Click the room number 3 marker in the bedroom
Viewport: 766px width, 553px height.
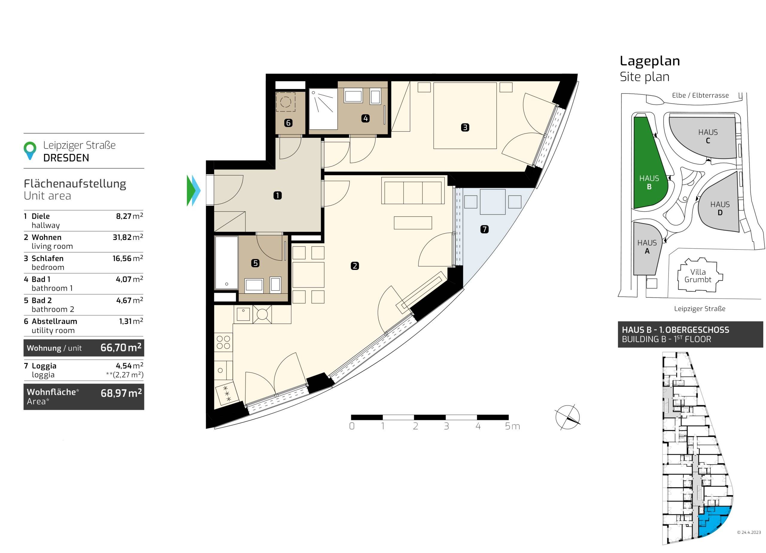click(x=465, y=128)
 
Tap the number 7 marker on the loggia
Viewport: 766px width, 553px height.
click(x=484, y=229)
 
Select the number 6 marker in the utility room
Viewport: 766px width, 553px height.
click(x=288, y=123)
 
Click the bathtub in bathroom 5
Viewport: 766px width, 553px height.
click(x=227, y=263)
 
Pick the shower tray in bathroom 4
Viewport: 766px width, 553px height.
click(x=323, y=109)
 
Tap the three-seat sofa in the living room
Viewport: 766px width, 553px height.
click(x=413, y=190)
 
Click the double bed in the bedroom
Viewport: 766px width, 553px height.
click(x=465, y=115)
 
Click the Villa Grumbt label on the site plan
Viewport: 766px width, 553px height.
click(x=698, y=276)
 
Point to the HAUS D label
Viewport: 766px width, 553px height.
click(x=720, y=208)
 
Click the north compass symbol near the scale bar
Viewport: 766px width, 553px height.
click(x=567, y=417)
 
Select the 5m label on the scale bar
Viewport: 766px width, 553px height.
click(x=512, y=426)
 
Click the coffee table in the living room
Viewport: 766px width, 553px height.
click(x=413, y=223)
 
